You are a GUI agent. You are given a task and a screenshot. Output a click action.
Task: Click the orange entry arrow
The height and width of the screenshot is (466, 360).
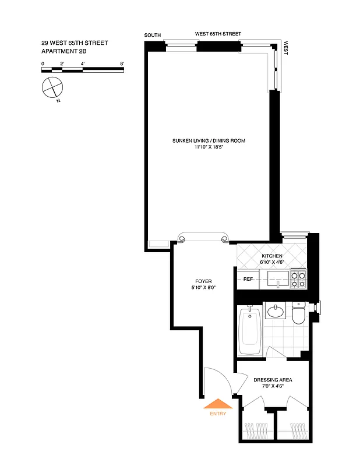[x=217, y=404]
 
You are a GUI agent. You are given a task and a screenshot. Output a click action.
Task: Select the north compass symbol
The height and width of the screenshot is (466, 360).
[x=52, y=89]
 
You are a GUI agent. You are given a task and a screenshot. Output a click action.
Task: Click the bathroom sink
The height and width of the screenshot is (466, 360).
[x=276, y=312]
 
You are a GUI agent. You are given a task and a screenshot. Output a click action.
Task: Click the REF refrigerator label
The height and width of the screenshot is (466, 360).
[x=248, y=280]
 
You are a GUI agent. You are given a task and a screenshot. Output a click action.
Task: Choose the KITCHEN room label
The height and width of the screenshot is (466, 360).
[x=272, y=256]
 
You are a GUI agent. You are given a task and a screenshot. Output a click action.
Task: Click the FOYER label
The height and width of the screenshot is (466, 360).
[x=203, y=281]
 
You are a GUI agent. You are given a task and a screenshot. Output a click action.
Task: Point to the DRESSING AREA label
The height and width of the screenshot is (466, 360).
[x=273, y=380]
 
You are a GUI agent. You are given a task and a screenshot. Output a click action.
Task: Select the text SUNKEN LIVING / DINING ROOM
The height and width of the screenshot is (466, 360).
[x=209, y=141]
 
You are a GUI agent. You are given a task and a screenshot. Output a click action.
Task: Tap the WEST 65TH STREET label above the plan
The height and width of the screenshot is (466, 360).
[x=218, y=34]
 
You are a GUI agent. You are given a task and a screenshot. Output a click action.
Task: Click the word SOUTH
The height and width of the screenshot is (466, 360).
[x=153, y=36]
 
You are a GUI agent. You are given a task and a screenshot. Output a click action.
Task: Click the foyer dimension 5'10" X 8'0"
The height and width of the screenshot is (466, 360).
[x=203, y=288]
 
